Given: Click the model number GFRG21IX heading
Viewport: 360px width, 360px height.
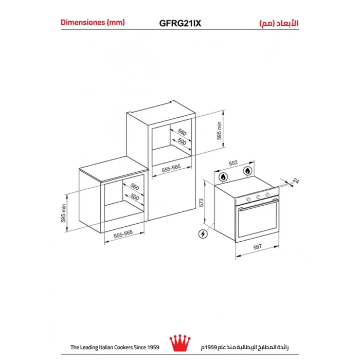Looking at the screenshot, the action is coord(180,23).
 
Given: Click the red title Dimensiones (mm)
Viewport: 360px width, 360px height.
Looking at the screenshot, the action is coord(93,23).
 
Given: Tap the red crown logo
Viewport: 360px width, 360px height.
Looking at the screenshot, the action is coord(180,343).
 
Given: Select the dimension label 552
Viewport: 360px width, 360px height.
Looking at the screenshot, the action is coord(233,163).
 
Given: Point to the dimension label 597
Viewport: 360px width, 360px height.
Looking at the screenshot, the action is coord(257,247).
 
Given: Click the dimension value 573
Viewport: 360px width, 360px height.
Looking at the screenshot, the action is coord(202,203).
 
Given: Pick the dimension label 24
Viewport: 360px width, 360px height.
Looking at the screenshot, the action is coord(296,181).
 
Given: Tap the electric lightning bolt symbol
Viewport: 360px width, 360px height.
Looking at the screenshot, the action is coord(203,234).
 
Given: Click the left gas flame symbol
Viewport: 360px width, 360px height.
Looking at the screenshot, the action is coord(223,177).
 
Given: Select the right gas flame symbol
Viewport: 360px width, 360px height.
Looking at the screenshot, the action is coord(247,171).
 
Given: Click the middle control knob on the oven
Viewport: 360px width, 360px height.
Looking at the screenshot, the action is coord(258,197).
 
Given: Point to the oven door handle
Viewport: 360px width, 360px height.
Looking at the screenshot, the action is coord(258,204).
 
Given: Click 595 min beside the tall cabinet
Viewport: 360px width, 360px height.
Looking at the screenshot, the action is coord(219,131).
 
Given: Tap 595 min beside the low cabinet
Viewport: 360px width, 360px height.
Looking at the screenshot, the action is coord(63,213).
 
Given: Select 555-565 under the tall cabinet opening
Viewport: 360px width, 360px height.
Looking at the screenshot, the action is coord(171,168).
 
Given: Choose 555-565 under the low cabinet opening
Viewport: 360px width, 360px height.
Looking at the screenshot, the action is coord(123,233).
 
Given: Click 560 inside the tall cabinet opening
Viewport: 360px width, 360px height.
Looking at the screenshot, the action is coord(182,132).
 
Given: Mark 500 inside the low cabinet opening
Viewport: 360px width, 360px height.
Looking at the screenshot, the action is coord(135,196).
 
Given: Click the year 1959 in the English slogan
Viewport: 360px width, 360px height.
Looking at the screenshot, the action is coord(153,347).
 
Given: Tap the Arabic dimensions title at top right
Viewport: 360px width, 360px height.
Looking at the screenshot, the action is coord(279,23).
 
